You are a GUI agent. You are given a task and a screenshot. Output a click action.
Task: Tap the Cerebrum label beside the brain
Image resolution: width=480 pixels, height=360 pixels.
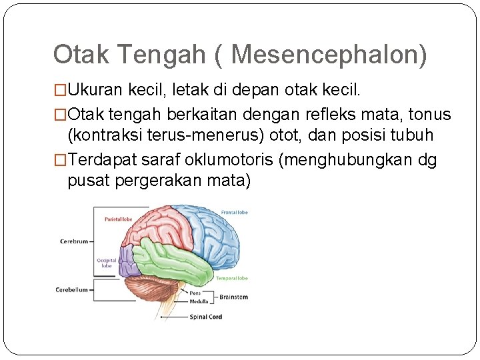74,241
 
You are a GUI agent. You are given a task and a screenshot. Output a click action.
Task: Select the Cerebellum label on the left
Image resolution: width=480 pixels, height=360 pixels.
72,289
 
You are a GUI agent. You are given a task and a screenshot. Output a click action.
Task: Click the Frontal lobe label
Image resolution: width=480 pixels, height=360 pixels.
235,211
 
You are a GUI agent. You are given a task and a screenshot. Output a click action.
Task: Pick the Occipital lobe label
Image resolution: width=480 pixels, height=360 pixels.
107,263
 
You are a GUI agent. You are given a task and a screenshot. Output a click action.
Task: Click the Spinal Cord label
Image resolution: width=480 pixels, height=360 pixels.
206,317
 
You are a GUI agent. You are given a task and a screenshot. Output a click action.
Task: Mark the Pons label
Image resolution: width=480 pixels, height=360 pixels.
195,292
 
